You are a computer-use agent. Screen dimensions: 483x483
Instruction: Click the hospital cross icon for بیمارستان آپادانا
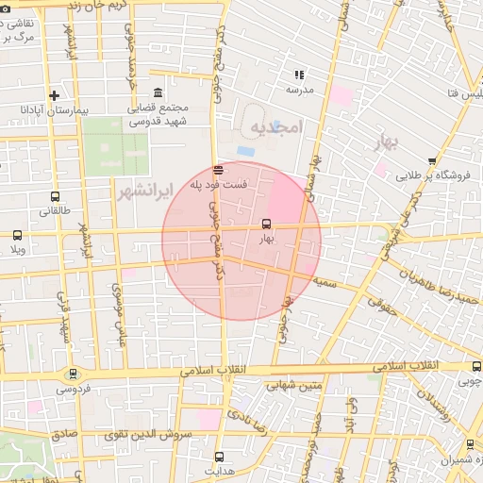pos(54,95)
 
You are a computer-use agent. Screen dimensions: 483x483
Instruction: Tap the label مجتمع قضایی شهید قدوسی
pos(158,114)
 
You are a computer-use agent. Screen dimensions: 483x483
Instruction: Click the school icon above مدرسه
pos(300,75)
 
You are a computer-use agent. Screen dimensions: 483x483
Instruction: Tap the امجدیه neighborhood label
pos(275,127)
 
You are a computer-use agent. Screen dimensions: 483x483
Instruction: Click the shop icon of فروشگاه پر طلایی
pos(432,161)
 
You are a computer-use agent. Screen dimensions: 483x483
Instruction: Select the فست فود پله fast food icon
pos(219,170)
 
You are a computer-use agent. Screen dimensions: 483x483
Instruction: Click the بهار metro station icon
pos(266,225)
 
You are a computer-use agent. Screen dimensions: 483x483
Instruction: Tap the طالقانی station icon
pos(54,197)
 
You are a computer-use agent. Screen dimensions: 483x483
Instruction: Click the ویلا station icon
pos(17,235)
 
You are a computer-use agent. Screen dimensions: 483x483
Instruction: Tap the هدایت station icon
pos(219,457)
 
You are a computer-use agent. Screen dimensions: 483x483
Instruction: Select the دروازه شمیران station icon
pos(470,444)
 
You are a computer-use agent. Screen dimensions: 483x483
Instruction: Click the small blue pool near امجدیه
pos(245,151)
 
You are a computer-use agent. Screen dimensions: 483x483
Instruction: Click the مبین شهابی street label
pos(294,385)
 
